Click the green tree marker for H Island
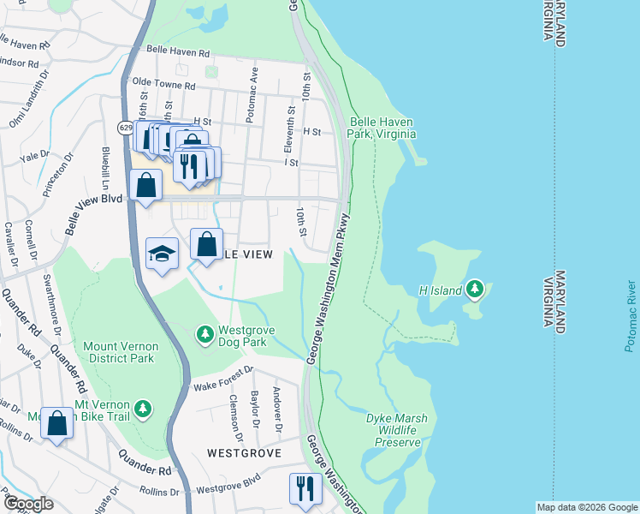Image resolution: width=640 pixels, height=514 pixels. tap(475, 290)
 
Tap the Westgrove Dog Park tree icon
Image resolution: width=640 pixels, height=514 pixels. tap(204, 333)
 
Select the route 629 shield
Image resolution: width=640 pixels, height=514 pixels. tap(124, 128)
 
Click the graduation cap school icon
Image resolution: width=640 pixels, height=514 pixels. tap(162, 254)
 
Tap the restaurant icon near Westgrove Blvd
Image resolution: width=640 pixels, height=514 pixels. tap(305, 488)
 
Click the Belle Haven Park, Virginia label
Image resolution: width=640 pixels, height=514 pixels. tap(382, 128)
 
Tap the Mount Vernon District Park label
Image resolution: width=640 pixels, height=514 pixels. tap(119, 352)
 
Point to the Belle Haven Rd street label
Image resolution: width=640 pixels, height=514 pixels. tap(178, 52)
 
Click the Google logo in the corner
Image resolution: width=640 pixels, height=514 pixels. tap(27, 504)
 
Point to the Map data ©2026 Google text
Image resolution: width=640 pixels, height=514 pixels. tap(586, 507)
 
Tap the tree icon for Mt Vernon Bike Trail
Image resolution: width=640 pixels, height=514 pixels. tap(144, 408)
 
